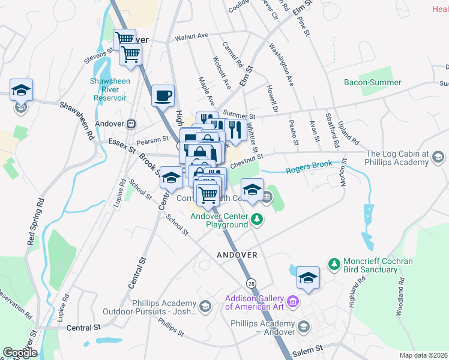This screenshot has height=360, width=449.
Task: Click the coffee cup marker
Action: (x=163, y=96)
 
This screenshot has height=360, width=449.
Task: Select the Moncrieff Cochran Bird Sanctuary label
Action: (x=370, y=266)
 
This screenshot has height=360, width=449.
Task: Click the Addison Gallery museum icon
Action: (x=292, y=300)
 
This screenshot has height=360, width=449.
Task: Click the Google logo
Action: (x=20, y=352)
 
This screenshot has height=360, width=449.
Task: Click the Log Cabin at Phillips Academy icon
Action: (x=439, y=158)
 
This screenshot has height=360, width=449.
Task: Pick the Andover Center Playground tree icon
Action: (x=257, y=218)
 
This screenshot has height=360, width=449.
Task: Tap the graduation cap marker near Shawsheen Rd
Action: (x=22, y=91)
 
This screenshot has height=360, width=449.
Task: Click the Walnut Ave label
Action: (x=191, y=37)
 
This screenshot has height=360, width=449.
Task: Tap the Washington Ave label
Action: (x=281, y=64)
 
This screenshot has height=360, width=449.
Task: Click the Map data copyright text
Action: (x=424, y=355)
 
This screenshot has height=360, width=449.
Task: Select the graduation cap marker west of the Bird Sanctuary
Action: (x=308, y=278)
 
